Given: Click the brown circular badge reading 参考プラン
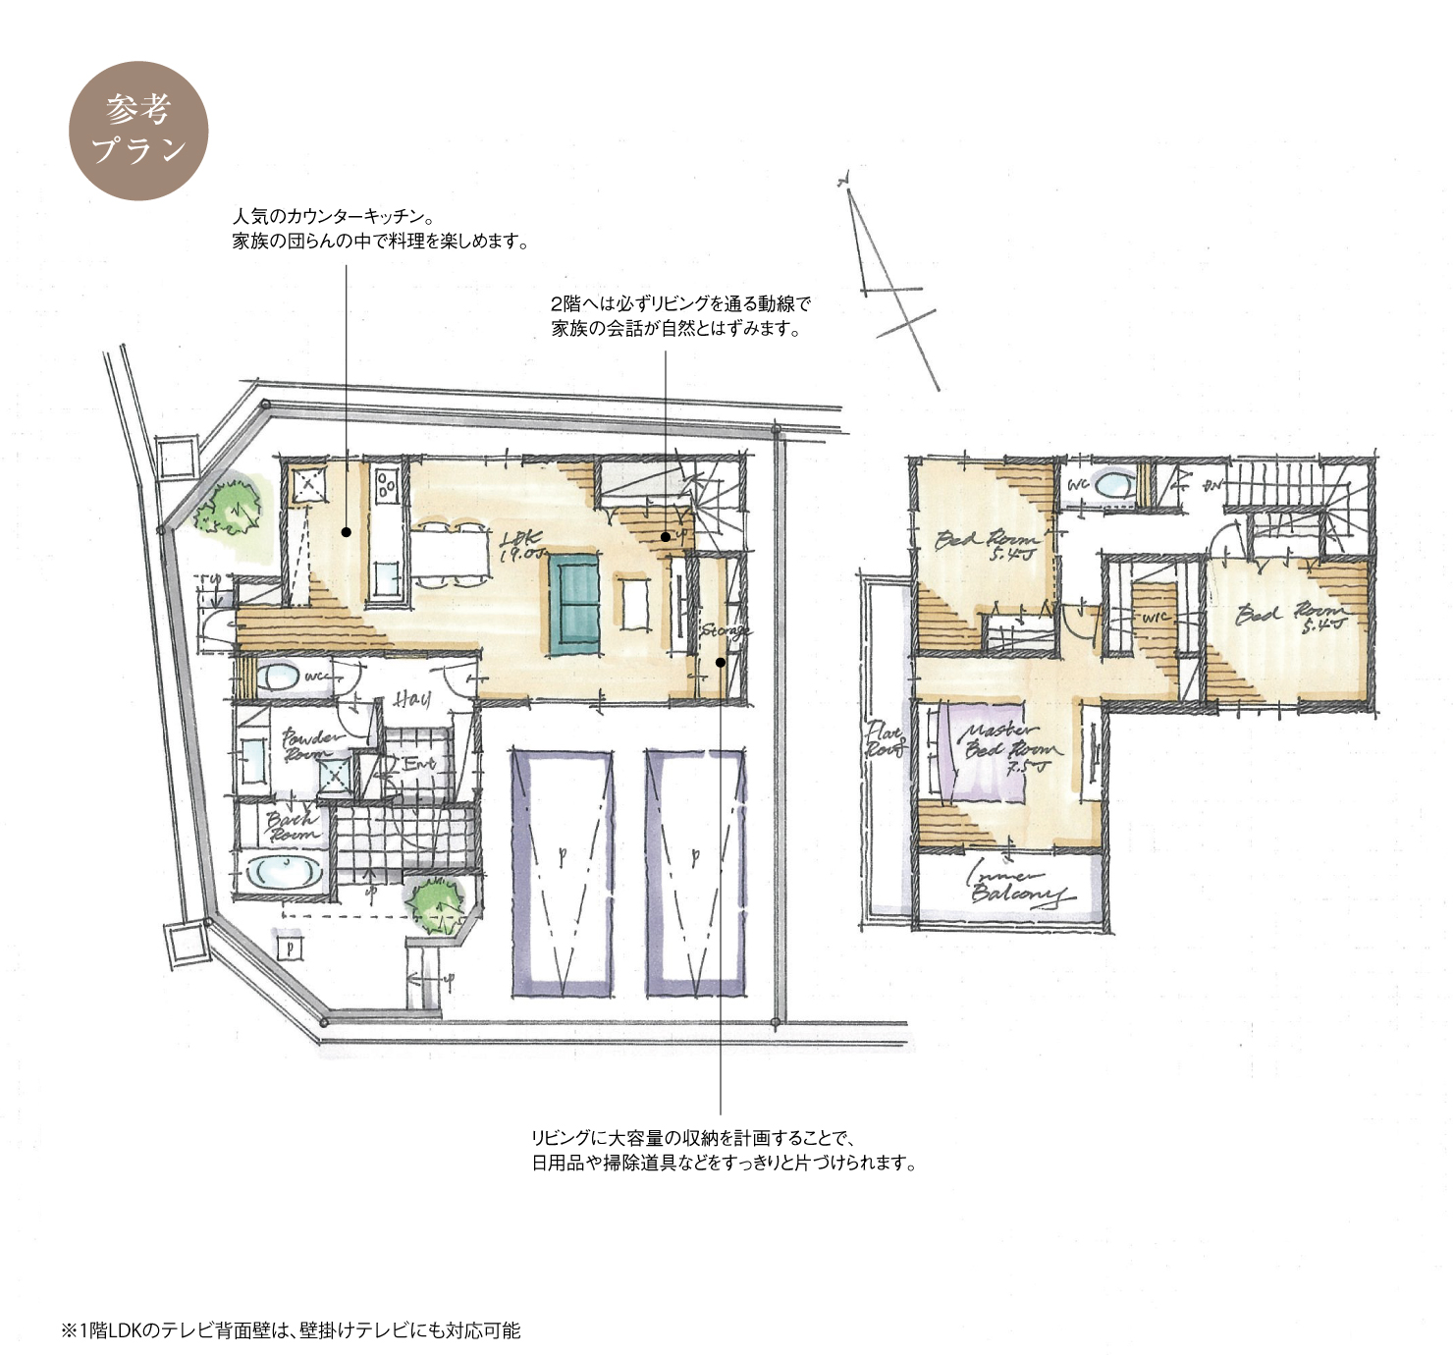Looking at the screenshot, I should (x=138, y=131).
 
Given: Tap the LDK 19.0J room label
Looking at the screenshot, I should (x=522, y=546).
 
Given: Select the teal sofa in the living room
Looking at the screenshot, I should (x=573, y=604).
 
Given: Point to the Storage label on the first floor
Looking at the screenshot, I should (x=726, y=630).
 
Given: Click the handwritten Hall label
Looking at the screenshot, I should (x=412, y=699).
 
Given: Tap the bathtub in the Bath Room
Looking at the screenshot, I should (x=283, y=871).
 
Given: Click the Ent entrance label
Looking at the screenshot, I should (x=418, y=763).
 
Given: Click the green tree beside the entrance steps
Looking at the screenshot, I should (x=437, y=905).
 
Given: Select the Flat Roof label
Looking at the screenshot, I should (x=884, y=738).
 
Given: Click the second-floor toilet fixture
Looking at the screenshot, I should (x=1111, y=485).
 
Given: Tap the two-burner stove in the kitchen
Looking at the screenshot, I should (x=387, y=485).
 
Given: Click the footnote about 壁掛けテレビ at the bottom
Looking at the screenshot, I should (x=292, y=1330).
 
